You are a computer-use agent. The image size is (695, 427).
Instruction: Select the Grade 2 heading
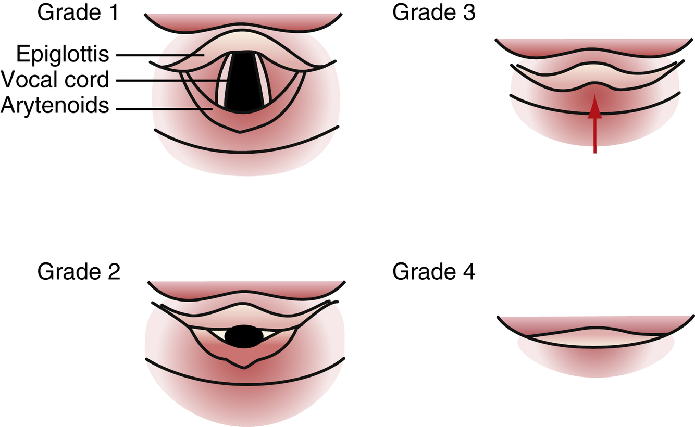coord(78,272)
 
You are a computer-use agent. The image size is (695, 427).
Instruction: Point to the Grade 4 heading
coord(433,272)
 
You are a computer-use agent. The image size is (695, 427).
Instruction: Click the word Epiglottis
coord(63,54)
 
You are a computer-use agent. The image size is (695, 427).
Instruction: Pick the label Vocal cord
coord(55,80)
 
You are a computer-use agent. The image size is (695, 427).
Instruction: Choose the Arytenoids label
coord(55,106)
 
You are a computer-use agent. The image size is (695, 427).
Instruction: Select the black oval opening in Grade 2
coord(243,336)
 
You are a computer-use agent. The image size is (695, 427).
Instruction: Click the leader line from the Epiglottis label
coord(156,55)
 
